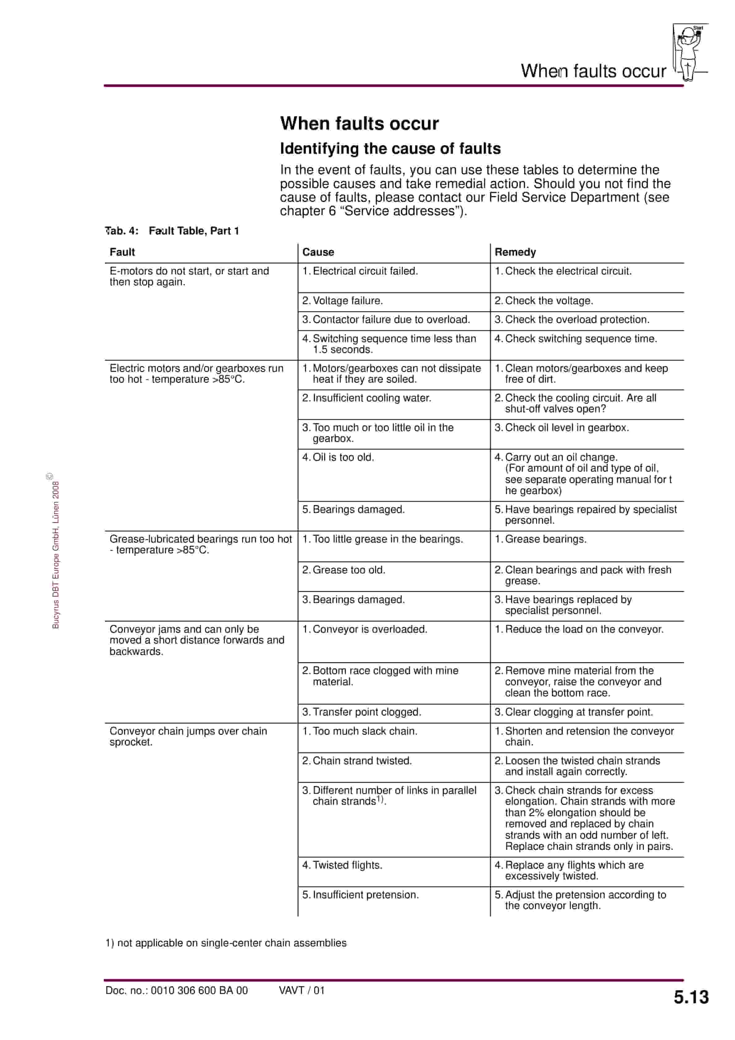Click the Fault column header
(122, 252)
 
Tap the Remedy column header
(515, 252)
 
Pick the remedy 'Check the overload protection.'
(572, 320)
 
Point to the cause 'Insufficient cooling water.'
(367, 398)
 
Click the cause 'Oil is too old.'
(338, 458)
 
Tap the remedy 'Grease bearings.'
(541, 539)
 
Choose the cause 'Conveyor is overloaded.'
(365, 629)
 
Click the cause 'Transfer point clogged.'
(362, 712)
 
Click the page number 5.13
(691, 997)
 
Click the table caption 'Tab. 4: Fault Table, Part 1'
(172, 231)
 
